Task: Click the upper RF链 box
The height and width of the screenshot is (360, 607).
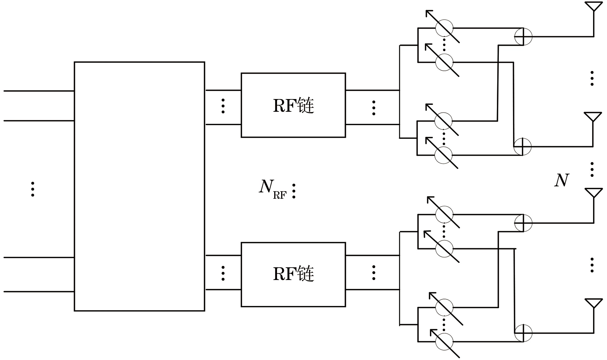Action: (x=293, y=105)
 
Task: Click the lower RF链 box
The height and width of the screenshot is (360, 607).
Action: (x=293, y=274)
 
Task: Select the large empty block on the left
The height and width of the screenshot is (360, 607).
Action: (x=139, y=186)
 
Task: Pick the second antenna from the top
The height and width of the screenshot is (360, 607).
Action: (x=593, y=117)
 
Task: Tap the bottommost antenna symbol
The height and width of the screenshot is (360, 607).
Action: (x=593, y=303)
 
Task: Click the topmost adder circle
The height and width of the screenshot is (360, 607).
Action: (x=523, y=37)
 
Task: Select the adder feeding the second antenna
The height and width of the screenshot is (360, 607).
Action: (x=522, y=147)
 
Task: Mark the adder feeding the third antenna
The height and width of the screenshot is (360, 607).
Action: (x=523, y=223)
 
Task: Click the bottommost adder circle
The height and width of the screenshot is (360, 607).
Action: (x=523, y=333)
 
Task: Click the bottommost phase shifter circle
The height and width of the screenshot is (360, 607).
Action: (x=444, y=342)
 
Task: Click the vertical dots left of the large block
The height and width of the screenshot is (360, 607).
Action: (x=33, y=189)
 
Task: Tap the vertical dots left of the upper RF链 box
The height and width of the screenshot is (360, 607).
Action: (x=223, y=106)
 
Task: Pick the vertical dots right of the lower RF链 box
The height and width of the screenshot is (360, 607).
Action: (x=374, y=273)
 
